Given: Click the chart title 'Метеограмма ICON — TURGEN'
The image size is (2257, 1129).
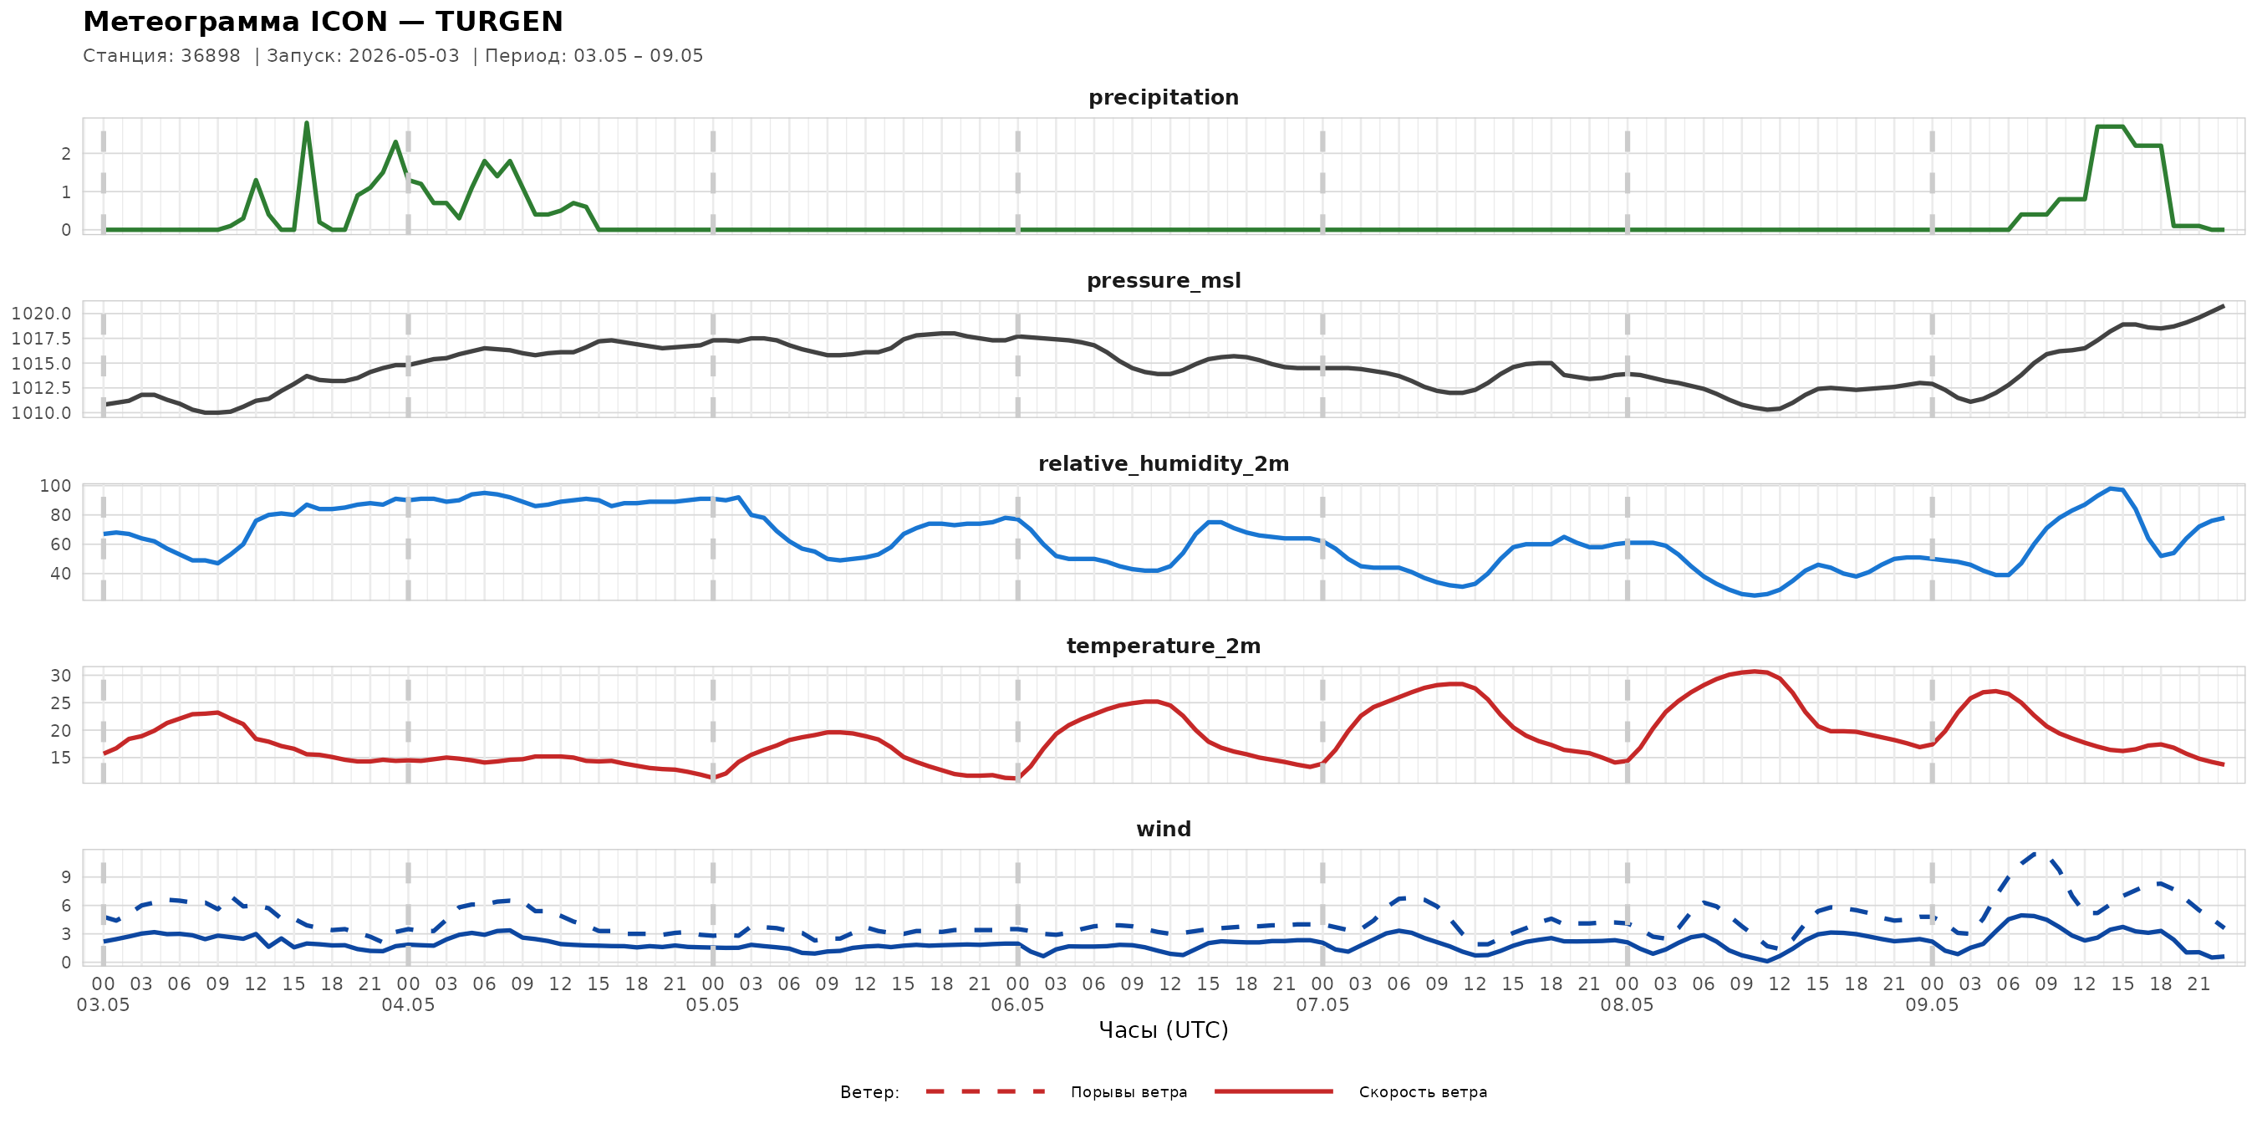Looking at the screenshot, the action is (x=323, y=22).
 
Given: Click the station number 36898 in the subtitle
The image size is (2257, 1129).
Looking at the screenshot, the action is (x=211, y=56).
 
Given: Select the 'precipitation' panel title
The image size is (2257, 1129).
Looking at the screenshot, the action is (x=1164, y=97).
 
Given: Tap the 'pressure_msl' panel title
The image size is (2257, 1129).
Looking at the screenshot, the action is (x=1164, y=280).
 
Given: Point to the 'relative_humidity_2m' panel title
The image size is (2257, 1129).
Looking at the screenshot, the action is (x=1164, y=463).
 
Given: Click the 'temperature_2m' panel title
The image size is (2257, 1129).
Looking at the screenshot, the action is (x=1164, y=646).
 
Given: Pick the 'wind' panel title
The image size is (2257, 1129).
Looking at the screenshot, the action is (x=1164, y=830).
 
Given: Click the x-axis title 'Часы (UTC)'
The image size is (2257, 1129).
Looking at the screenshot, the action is (x=1164, y=1030).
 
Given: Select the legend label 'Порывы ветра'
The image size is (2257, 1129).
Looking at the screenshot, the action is (x=1128, y=1092).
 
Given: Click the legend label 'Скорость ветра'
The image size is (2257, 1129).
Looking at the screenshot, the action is (x=1423, y=1092).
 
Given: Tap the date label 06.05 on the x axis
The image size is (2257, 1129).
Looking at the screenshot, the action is (x=1017, y=1005).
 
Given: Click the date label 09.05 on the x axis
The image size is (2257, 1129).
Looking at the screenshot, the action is (x=1932, y=1005).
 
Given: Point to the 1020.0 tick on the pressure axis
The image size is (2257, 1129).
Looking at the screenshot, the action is (x=41, y=314).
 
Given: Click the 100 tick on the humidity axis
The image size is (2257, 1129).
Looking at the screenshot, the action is (x=55, y=486).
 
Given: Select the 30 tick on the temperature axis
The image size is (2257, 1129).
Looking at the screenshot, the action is (x=60, y=676).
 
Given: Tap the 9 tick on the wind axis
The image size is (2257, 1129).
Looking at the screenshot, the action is (x=67, y=877).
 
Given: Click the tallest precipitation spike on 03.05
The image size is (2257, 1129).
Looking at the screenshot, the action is (x=307, y=123).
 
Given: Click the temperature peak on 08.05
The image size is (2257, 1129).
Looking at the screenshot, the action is (x=1753, y=672).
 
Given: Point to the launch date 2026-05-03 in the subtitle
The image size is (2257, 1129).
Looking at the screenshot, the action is (x=404, y=56).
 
